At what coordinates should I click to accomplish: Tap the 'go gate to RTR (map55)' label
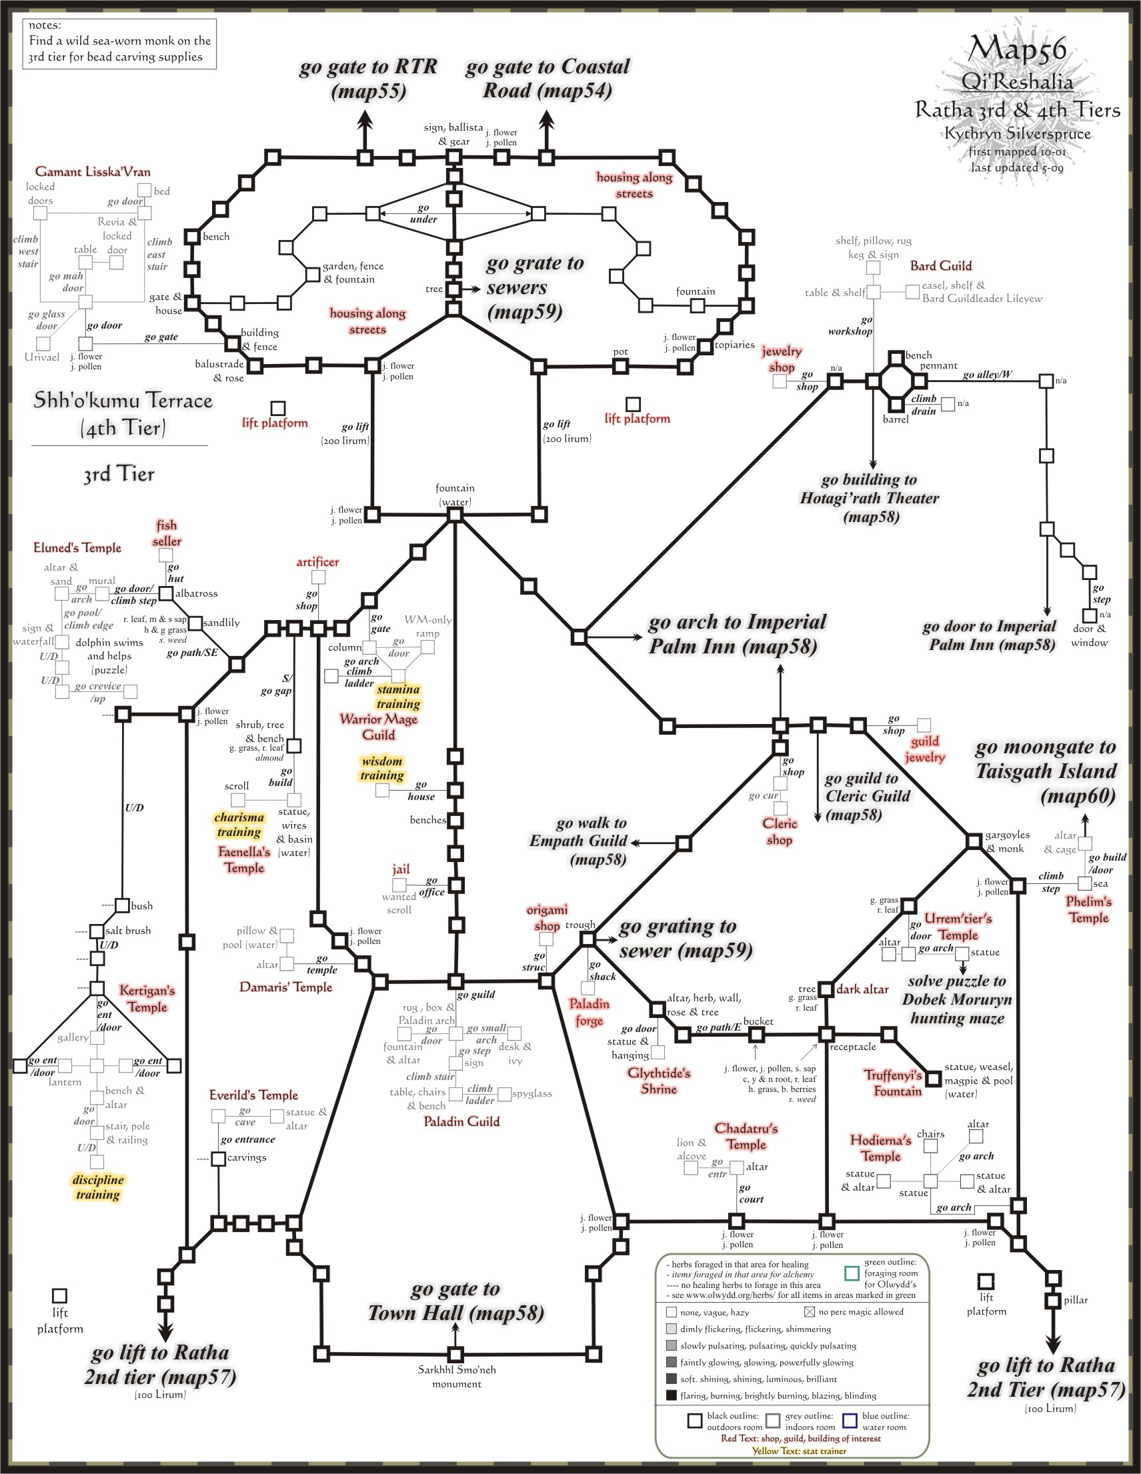coord(369,78)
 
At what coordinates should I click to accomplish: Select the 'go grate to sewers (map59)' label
coord(533,287)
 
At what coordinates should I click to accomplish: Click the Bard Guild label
coord(940,265)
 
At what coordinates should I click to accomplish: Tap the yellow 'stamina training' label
coord(398,697)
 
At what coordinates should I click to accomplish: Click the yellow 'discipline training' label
coord(98,1187)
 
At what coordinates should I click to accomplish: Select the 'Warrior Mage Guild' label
coord(379,727)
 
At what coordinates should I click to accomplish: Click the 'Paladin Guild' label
coord(461,1122)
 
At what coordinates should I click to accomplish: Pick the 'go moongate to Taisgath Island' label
coord(1045,771)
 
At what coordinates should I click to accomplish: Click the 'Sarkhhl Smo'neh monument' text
coord(456,1377)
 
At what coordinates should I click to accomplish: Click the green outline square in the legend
coord(852,1273)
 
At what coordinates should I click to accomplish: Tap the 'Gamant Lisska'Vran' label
coord(93,171)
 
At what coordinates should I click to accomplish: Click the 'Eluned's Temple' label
coord(77,547)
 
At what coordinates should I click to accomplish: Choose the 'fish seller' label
coord(166,533)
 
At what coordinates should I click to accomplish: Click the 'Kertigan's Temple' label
coord(147,998)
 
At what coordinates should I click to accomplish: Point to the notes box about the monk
coord(119,44)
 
